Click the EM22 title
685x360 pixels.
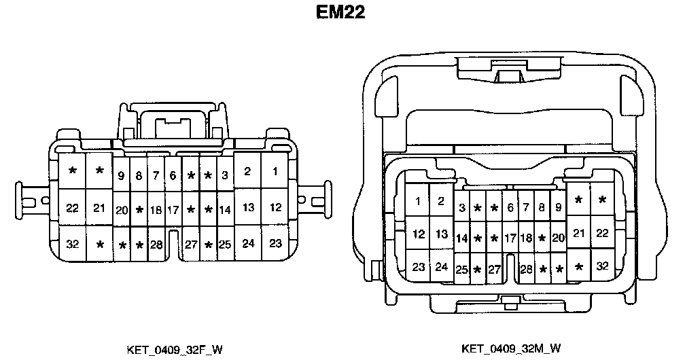340,14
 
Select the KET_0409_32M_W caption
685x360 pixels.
511,349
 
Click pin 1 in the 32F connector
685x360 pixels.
275,172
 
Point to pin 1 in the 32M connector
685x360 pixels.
418,200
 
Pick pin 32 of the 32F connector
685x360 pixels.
73,242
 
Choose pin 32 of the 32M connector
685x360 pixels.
602,266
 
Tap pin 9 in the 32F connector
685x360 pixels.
121,176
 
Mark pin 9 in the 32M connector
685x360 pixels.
558,208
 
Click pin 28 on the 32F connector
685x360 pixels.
156,244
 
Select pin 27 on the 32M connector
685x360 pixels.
494,269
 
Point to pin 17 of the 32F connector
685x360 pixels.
173,210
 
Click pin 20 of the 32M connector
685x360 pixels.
558,238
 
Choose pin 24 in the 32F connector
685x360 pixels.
248,242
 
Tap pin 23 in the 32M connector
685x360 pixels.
419,266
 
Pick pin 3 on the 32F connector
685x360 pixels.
224,176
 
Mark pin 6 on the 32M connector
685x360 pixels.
510,208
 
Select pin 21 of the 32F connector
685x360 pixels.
99,208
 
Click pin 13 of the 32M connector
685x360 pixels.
442,234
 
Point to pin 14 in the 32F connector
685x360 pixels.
224,210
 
